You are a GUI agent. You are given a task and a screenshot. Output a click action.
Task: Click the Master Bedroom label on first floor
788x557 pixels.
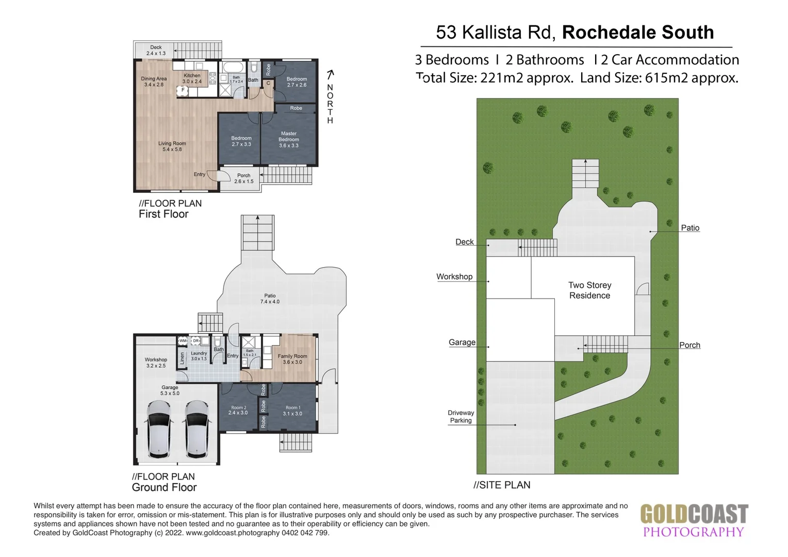point(289,139)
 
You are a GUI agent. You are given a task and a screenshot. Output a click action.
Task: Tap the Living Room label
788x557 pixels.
point(172,146)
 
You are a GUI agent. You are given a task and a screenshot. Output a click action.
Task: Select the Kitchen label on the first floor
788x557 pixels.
point(192,78)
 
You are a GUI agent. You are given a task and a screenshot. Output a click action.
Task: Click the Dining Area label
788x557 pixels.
point(154,81)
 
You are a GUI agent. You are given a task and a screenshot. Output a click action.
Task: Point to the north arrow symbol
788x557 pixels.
point(331,75)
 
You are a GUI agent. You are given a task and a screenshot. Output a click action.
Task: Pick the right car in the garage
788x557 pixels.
point(196,429)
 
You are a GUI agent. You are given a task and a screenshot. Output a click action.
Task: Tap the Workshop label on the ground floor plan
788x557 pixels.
point(156,363)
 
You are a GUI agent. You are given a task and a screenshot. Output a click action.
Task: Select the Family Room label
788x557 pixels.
point(292,359)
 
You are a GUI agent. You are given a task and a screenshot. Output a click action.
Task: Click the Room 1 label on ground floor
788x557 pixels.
point(292,411)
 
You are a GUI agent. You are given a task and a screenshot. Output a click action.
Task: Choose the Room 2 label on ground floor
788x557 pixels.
point(238,410)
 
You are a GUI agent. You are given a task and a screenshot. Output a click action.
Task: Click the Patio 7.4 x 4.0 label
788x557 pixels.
point(270,299)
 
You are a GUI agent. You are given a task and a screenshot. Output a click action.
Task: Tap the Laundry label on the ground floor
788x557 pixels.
point(199,356)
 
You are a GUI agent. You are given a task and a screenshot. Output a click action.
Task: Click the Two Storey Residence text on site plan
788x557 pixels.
point(589,290)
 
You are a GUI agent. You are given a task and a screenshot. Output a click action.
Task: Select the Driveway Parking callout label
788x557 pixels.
point(461,417)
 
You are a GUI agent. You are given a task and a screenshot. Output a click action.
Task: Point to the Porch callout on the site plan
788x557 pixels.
point(689,345)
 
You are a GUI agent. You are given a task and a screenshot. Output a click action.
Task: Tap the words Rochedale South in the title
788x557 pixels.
point(638,32)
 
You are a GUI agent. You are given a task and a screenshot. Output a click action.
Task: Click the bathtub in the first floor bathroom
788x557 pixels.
point(233,68)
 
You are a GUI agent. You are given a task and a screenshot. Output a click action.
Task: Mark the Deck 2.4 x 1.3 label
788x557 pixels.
point(156,50)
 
